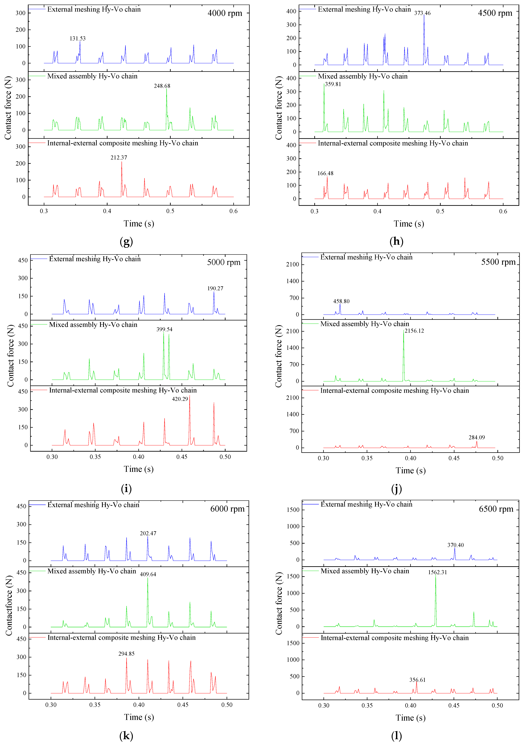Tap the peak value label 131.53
[77, 38]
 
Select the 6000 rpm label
[227, 509]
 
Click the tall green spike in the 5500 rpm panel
[403, 355]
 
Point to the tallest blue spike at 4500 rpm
[424, 39]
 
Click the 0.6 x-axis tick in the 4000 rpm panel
[233, 211]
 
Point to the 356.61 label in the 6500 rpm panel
[417, 680]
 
